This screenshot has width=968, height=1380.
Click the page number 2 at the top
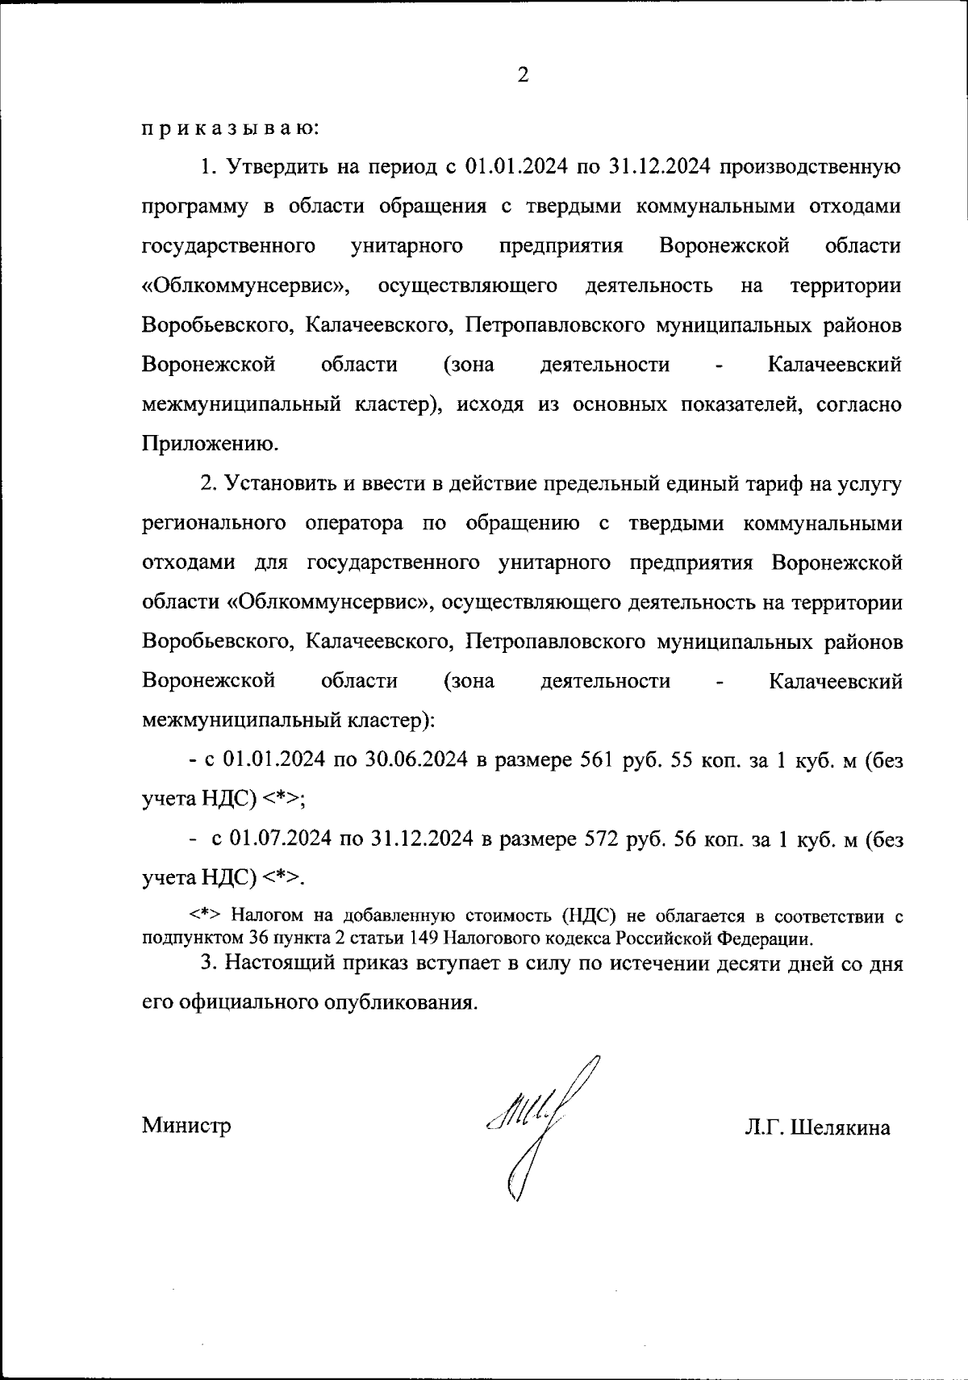pyautogui.click(x=523, y=77)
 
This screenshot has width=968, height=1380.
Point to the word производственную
pyautogui.click(x=809, y=168)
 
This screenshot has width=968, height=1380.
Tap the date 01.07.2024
pyautogui.click(x=282, y=839)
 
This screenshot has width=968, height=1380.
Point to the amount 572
pyautogui.click(x=601, y=839)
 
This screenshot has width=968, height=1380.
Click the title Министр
pyautogui.click(x=186, y=1125)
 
